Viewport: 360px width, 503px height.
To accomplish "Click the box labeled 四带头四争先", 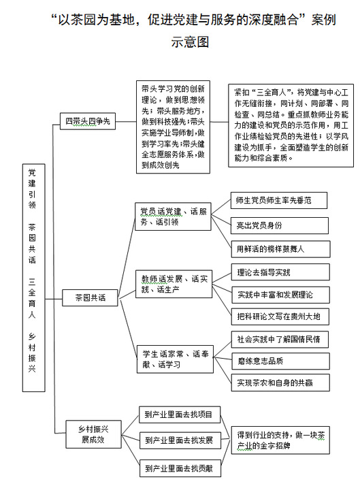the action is pyautogui.click(x=88, y=121).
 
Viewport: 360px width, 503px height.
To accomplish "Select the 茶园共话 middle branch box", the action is pyautogui.click(x=90, y=297).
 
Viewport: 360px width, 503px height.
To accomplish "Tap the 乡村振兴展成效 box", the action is pyautogui.click(x=93, y=434).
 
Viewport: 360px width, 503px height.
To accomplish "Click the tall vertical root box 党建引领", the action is pyautogui.click(x=34, y=278).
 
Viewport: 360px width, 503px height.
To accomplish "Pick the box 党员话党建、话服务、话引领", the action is pyautogui.click(x=173, y=216).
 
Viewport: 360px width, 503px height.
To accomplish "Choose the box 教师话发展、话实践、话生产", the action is pyautogui.click(x=174, y=284).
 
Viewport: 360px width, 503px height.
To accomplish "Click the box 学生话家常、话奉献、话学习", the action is pyautogui.click(x=175, y=359).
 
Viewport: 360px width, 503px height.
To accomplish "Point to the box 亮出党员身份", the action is pyautogui.click(x=280, y=225).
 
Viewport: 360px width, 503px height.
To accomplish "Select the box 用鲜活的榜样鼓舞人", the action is pyautogui.click(x=280, y=249).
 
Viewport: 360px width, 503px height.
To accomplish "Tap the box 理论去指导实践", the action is pyautogui.click(x=280, y=272).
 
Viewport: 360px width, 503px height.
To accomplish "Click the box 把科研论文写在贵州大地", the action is pyautogui.click(x=280, y=317).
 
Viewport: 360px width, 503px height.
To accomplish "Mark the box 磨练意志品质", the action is pyautogui.click(x=280, y=361).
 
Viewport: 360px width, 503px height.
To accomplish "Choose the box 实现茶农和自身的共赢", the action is pyautogui.click(x=280, y=383).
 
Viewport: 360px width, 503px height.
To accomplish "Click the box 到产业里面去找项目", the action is pyautogui.click(x=180, y=415).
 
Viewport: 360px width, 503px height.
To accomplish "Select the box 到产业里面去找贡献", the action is pyautogui.click(x=180, y=468).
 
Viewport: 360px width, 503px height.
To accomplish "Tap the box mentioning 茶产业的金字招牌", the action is pyautogui.click(x=280, y=440).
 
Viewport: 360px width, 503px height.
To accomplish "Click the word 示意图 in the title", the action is pyautogui.click(x=190, y=42).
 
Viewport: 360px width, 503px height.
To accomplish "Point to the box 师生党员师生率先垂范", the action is pyautogui.click(x=279, y=201).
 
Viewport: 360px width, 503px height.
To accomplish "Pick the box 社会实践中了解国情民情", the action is pyautogui.click(x=280, y=340).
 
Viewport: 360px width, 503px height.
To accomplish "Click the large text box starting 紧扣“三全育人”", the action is pyautogui.click(x=291, y=126).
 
